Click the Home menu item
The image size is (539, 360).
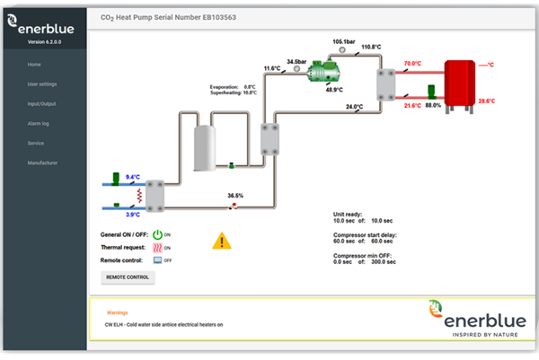[x=34, y=65]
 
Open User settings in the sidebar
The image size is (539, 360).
[x=42, y=84]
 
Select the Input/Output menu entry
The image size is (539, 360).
[x=41, y=104]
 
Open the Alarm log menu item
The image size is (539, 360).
[x=38, y=123]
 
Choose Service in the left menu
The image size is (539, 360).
[x=36, y=143]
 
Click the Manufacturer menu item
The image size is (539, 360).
[x=42, y=162]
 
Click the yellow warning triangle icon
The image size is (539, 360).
[x=221, y=241]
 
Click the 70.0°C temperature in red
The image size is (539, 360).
[x=412, y=64]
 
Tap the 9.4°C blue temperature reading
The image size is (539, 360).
[x=133, y=178]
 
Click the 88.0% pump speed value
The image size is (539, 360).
[x=433, y=105]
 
